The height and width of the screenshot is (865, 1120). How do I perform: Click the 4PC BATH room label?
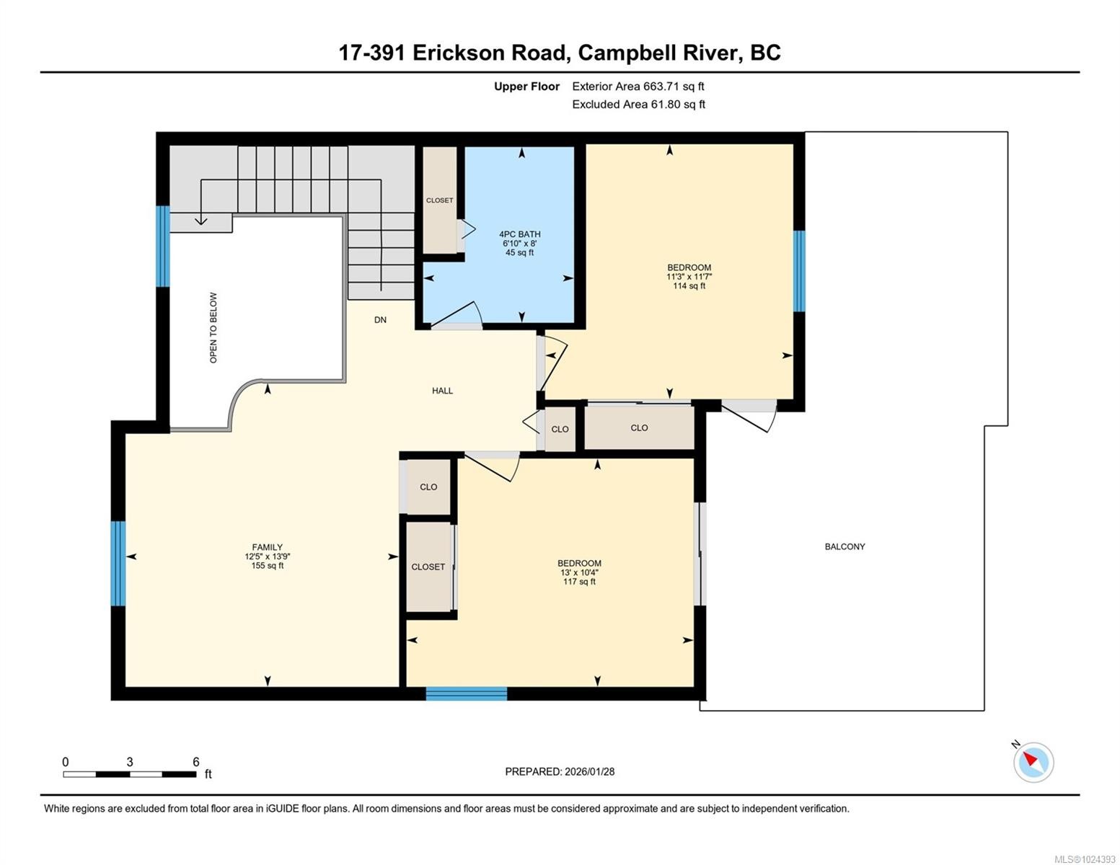[x=519, y=234]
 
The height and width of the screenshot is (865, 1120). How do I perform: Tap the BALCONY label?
[x=845, y=546]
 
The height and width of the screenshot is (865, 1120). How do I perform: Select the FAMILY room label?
[x=267, y=547]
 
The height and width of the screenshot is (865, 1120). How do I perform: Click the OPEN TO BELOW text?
[x=213, y=327]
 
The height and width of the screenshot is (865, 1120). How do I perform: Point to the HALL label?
[x=442, y=391]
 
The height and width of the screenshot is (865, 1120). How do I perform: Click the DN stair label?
[x=380, y=319]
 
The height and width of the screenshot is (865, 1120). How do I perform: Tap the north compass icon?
[x=1033, y=761]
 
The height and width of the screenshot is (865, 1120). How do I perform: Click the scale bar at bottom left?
[x=130, y=774]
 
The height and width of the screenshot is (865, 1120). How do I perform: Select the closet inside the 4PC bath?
[x=439, y=200]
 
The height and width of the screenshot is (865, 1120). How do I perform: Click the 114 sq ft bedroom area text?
[x=689, y=286]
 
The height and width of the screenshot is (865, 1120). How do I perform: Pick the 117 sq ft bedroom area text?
[x=579, y=582]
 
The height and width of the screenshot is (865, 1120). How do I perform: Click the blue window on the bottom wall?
[x=466, y=693]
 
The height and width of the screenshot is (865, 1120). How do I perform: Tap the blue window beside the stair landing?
[x=163, y=247]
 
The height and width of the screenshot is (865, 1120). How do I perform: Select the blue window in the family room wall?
[x=118, y=563]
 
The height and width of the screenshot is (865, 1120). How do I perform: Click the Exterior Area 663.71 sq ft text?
[x=638, y=86]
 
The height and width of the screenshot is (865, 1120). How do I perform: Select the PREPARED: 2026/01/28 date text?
[x=560, y=771]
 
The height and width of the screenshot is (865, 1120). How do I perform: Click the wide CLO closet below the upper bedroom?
[x=639, y=428]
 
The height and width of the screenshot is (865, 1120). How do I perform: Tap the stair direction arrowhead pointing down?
[x=201, y=220]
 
